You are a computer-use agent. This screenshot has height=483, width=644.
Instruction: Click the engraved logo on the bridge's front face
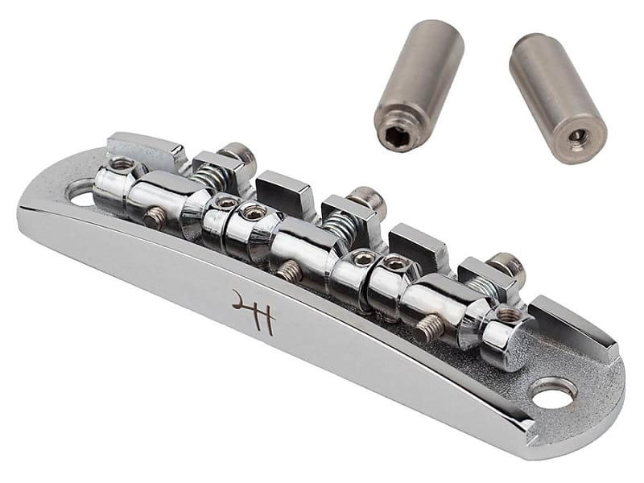click(254, 311)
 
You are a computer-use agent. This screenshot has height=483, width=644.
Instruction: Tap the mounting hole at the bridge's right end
click(554, 393)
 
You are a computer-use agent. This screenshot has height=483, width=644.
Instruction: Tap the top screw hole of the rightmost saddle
click(509, 315)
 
